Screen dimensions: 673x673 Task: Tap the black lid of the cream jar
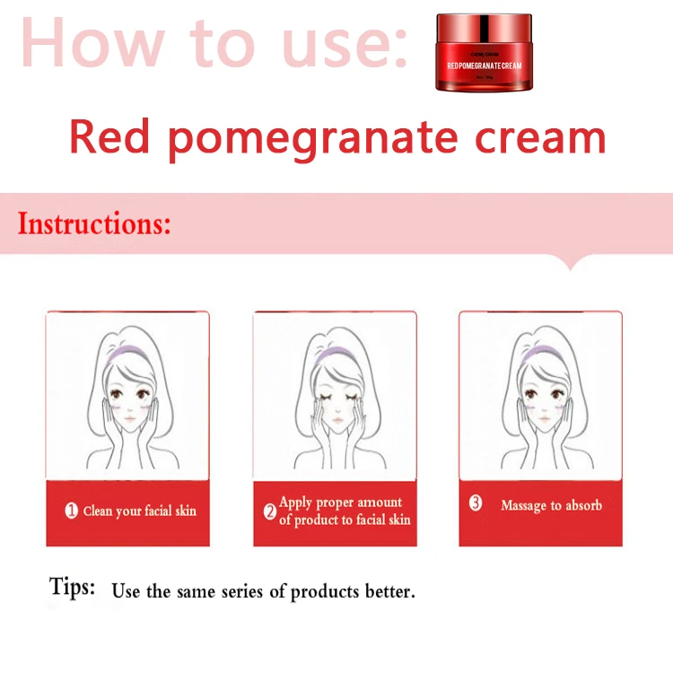pyautogui.click(x=482, y=22)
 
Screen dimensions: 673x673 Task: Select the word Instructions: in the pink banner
pyautogui.click(x=94, y=223)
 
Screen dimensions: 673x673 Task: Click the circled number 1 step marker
pyautogui.click(x=72, y=511)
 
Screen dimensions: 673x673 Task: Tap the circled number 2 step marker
pyautogui.click(x=269, y=512)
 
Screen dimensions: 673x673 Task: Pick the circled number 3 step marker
pyautogui.click(x=476, y=503)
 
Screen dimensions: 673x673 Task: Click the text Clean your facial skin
pyautogui.click(x=139, y=511)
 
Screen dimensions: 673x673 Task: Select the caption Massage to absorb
pyautogui.click(x=551, y=505)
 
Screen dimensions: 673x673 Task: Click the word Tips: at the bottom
pyautogui.click(x=72, y=588)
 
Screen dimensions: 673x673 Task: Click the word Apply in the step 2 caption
pyautogui.click(x=296, y=503)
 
